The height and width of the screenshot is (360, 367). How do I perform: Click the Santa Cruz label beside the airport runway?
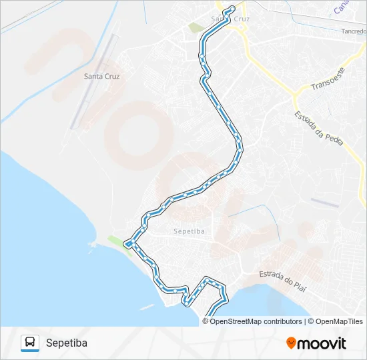pos(102,77)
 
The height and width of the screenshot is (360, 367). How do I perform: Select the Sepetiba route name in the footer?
pos(67,343)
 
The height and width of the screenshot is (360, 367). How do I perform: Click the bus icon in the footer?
pos(30,343)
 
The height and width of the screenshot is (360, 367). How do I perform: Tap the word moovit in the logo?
pos(322,343)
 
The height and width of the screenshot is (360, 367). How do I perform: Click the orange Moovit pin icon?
pos(291,343)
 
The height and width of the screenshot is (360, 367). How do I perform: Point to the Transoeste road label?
pos(328,79)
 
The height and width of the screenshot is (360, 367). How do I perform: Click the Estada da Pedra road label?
pos(318,125)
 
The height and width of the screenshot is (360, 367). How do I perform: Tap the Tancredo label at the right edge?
pos(354,31)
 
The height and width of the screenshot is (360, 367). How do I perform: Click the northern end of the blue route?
pos(232,8)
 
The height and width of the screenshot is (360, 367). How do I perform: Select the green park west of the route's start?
pos(196,28)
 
